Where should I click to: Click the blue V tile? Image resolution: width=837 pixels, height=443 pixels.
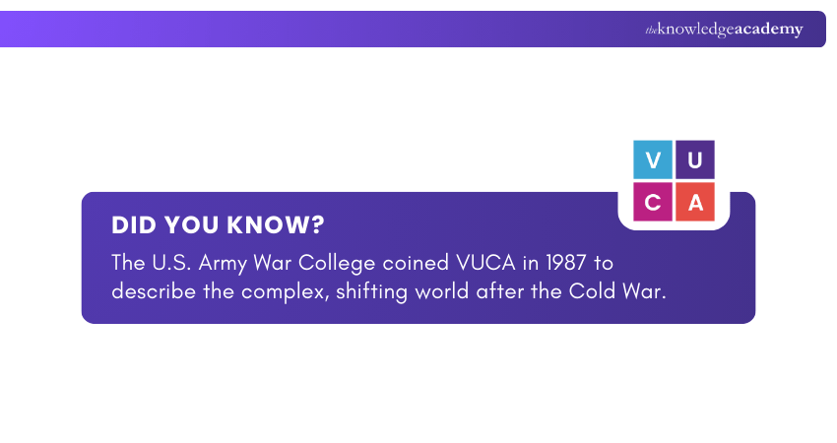(x=652, y=159)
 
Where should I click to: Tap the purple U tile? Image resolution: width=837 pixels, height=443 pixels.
(x=695, y=159)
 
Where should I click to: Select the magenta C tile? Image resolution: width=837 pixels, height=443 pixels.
(x=652, y=202)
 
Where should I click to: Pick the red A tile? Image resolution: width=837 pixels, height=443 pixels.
(x=695, y=202)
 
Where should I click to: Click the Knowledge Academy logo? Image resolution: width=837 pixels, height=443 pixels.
(x=724, y=30)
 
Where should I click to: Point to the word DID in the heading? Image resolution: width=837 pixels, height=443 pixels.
(x=134, y=225)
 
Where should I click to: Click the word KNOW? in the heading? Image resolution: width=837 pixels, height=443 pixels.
(x=276, y=225)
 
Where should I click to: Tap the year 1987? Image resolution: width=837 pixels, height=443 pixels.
(x=566, y=263)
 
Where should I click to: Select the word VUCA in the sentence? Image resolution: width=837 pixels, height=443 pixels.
(x=485, y=263)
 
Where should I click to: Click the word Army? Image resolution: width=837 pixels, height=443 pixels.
(x=223, y=264)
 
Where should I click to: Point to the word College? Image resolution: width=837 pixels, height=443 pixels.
(x=337, y=264)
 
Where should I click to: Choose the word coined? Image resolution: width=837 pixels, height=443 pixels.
(x=416, y=263)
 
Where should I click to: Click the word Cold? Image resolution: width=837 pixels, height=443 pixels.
(x=588, y=291)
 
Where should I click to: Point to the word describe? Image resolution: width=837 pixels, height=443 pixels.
(x=154, y=291)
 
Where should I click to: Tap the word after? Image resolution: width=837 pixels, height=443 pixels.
(x=499, y=291)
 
